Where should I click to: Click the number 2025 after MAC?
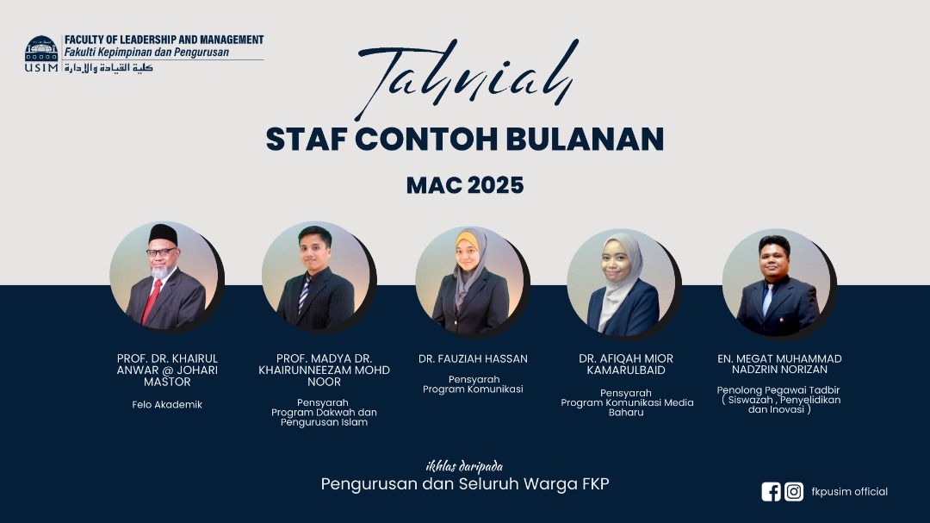coord(495,185)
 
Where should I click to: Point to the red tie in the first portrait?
coord(152,302)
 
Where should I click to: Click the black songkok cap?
coord(163,233)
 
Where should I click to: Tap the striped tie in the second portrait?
coord(304,295)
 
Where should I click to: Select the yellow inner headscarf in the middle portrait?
coord(467,241)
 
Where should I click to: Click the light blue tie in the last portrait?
coord(767,299)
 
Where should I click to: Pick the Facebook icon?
coord(771,491)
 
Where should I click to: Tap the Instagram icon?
coord(794,491)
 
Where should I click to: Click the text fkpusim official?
coord(849,491)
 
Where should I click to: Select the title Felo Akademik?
coord(167,405)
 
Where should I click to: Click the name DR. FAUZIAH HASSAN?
coord(473,358)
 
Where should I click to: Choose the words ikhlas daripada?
coord(464,466)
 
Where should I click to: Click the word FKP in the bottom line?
coord(596,484)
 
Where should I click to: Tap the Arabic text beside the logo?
coord(108,68)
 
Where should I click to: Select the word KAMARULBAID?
coord(626,370)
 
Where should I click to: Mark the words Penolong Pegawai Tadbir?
coord(778,390)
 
